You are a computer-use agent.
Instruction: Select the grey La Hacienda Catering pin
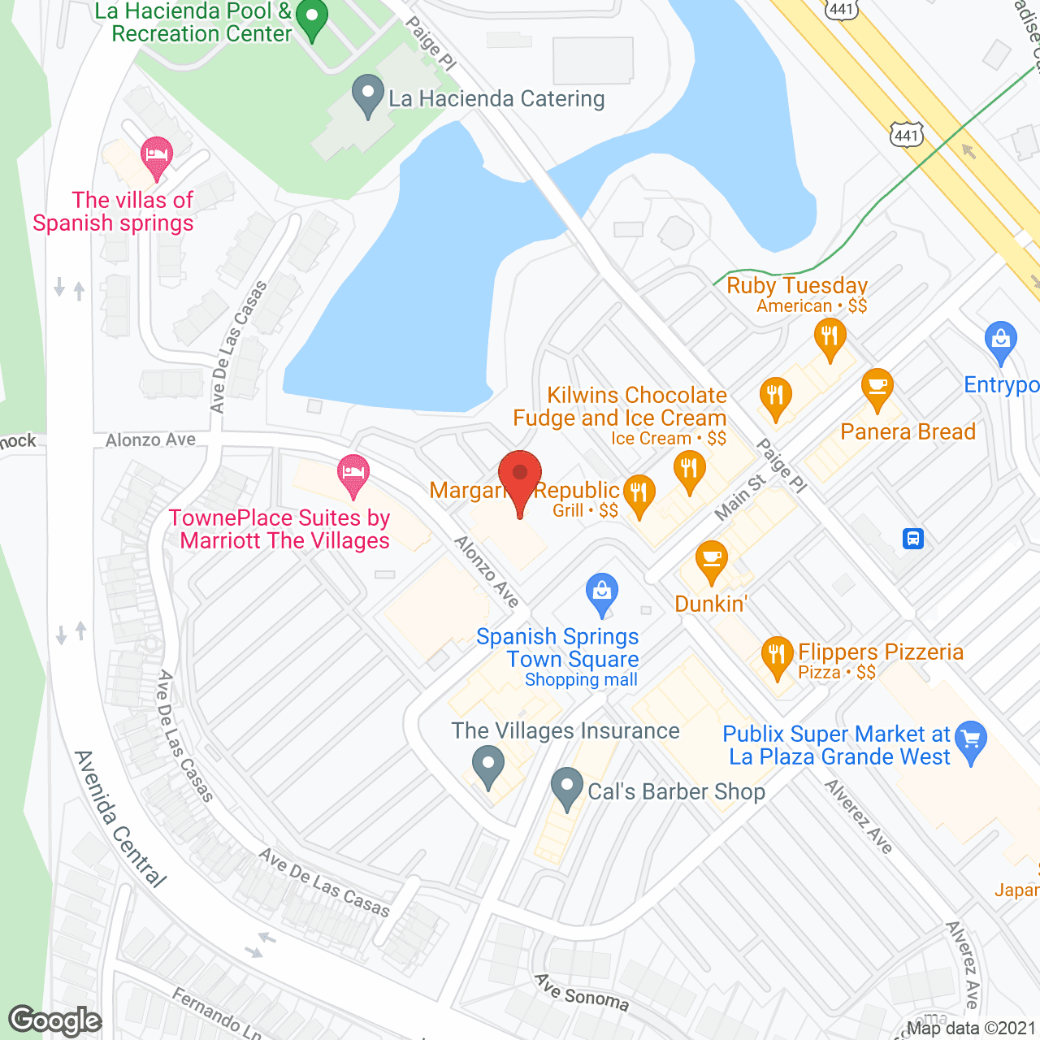[x=368, y=95]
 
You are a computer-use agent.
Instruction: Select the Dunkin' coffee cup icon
[x=712, y=560]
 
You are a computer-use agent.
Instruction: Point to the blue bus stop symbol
[x=913, y=539]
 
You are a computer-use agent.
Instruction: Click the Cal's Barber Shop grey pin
[x=566, y=787]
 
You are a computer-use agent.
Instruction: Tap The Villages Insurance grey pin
[x=488, y=765]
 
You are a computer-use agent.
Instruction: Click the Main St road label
[x=739, y=497]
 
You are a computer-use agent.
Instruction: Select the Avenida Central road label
[x=120, y=819]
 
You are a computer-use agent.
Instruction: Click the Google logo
[x=55, y=1020]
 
